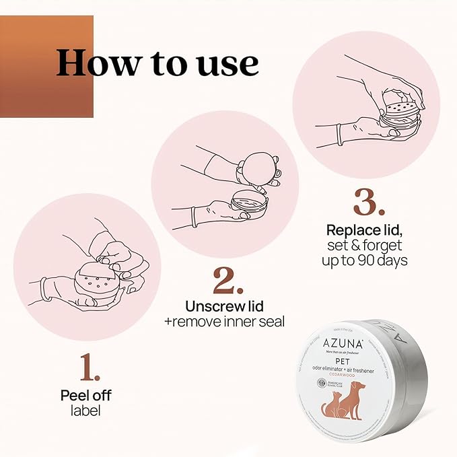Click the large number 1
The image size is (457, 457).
90,368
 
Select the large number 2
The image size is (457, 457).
228,281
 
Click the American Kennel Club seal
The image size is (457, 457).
322,384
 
